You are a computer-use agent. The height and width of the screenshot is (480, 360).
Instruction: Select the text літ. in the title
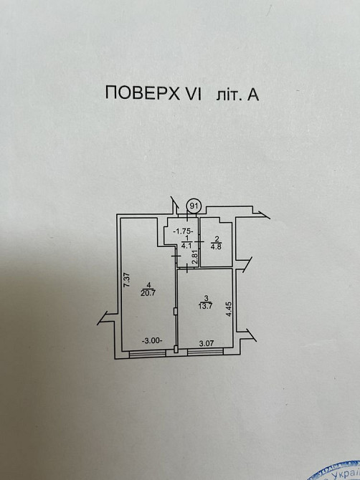tap(227, 93)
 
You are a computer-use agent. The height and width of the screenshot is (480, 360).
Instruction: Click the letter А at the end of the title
tap(253, 93)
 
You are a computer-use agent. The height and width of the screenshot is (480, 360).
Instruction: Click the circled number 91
tap(194, 206)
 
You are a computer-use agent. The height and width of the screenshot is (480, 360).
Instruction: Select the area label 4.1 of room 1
tap(185, 246)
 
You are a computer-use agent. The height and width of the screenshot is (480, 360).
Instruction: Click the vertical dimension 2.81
tap(194, 256)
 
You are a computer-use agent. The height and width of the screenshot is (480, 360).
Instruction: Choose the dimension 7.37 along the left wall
tap(125, 281)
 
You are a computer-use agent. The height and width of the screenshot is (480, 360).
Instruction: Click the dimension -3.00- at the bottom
tap(151, 341)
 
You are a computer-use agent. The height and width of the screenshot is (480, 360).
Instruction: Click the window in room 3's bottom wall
tap(205, 352)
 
